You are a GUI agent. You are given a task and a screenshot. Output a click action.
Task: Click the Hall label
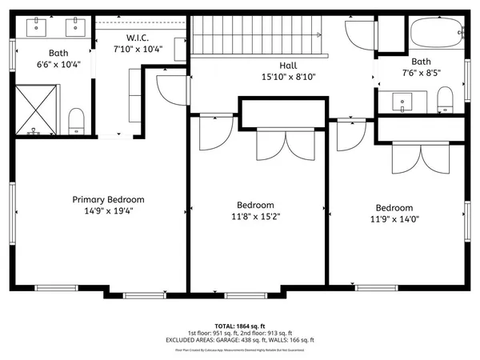pos(289,66)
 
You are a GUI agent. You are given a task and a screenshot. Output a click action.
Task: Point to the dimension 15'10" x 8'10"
pos(289,78)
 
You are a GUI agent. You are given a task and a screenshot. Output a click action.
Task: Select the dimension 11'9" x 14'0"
pos(394,218)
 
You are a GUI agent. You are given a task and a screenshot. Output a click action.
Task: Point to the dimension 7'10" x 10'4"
pos(139,50)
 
